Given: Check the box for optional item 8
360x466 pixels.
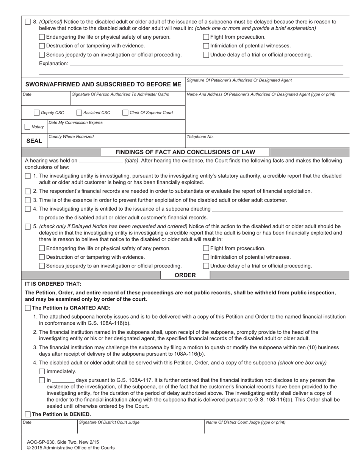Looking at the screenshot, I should [x=28, y=22].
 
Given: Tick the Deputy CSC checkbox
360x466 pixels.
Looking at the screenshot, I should [x=36, y=113].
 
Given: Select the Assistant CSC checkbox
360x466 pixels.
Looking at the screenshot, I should [x=79, y=113].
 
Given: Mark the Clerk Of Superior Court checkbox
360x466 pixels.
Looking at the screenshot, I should [x=125, y=113].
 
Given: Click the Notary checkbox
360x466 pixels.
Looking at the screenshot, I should [x=28, y=127].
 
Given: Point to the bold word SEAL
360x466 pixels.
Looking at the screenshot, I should [x=34, y=141].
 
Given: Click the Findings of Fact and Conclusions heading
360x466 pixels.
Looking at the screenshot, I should [x=185, y=152].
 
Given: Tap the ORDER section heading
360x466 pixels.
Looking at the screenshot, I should [x=185, y=275].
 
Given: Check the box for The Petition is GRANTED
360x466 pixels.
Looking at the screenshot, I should [x=28, y=308].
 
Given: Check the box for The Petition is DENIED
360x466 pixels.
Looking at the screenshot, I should [x=28, y=414].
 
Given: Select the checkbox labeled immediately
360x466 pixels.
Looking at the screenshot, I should [x=42, y=371].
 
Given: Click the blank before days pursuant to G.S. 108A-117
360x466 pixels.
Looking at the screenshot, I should [x=63, y=380].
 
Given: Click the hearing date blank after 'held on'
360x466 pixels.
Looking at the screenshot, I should [x=100, y=161].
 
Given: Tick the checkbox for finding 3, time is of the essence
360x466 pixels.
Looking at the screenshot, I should [x=28, y=200].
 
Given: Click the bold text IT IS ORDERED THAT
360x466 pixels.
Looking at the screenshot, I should [x=53, y=284].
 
